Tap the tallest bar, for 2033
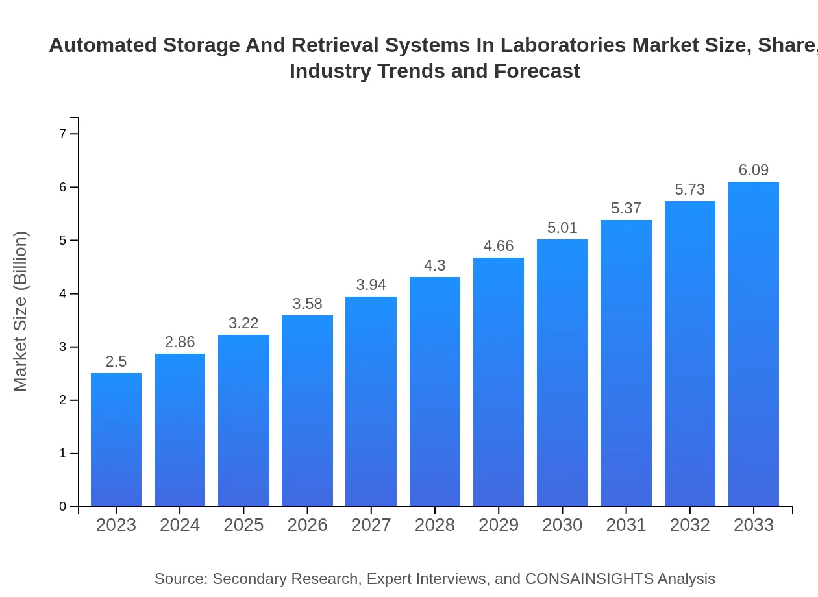click(x=754, y=344)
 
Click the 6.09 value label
click(x=754, y=170)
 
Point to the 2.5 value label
click(x=116, y=361)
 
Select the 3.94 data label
click(x=371, y=285)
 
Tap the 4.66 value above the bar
click(x=499, y=247)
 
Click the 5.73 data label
click(x=690, y=189)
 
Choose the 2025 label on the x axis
click(x=243, y=525)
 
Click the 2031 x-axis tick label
click(x=626, y=525)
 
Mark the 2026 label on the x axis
click(x=308, y=525)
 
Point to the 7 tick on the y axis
click(x=63, y=134)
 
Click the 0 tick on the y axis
click(x=63, y=507)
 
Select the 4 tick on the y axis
click(x=63, y=294)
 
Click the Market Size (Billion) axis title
click(x=21, y=311)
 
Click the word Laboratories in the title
click(x=564, y=45)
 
